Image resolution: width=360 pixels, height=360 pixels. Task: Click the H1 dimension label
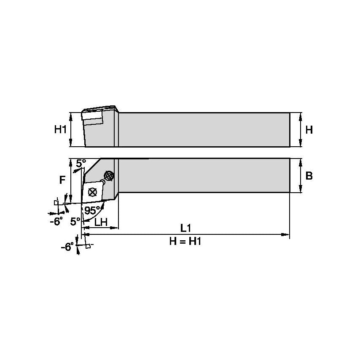click(x=60, y=130)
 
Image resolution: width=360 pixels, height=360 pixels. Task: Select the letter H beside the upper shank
click(x=309, y=130)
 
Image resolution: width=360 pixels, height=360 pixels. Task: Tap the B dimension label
click(x=309, y=176)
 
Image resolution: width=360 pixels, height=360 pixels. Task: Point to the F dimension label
click(x=62, y=180)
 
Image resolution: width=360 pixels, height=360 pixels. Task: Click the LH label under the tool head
click(x=100, y=222)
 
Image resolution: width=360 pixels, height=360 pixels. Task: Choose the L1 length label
click(x=185, y=228)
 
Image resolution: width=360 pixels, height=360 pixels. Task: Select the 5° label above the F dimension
click(x=81, y=162)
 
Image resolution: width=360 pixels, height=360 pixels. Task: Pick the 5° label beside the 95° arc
click(x=75, y=221)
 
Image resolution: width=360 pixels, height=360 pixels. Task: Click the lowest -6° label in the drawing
click(x=67, y=247)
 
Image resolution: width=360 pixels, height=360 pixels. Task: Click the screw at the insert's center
click(x=93, y=192)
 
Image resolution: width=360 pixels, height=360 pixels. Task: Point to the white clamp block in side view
click(x=93, y=121)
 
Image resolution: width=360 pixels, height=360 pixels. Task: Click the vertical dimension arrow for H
click(x=300, y=130)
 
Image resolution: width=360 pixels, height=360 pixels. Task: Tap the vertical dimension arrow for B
click(x=300, y=176)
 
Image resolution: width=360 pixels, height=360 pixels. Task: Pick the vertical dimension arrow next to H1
click(x=71, y=130)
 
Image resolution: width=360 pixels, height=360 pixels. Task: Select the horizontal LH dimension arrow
click(x=100, y=228)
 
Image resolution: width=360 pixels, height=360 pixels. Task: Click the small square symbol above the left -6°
click(x=56, y=202)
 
